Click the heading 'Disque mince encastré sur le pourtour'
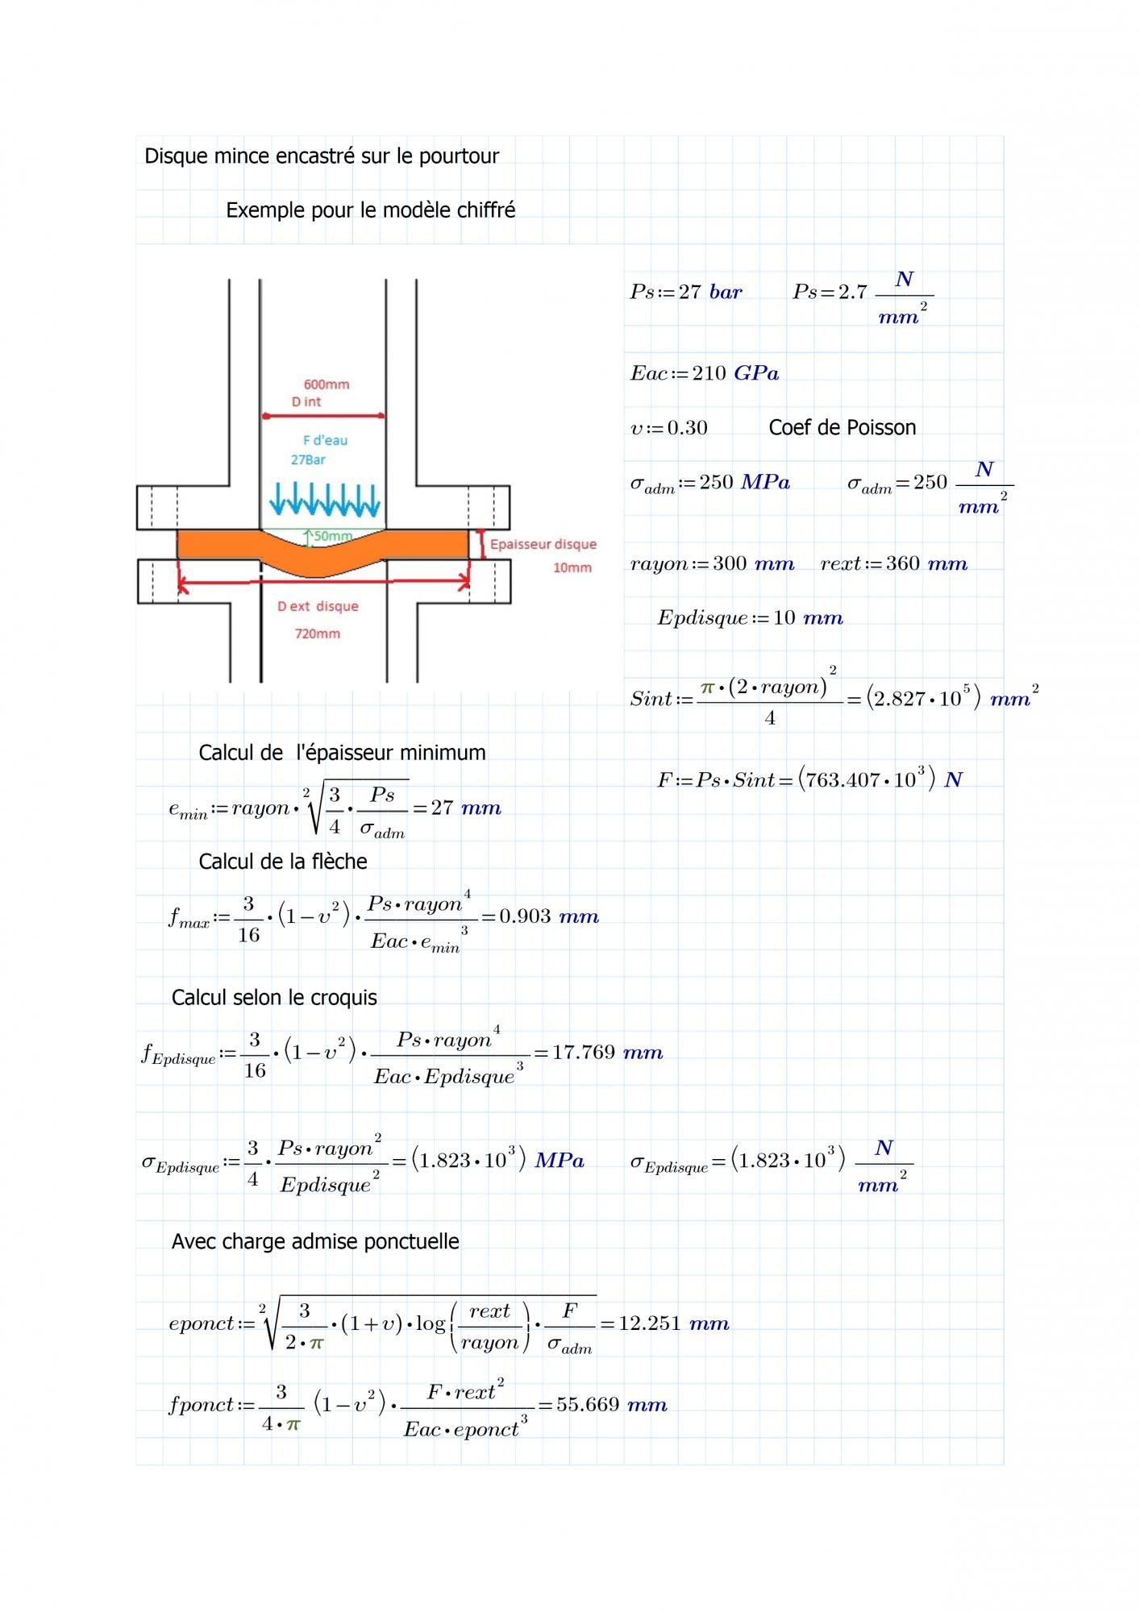coord(322,156)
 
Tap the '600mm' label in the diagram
coord(326,384)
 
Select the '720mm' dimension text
coord(317,634)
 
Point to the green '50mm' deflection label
coord(333,536)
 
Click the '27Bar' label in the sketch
coord(308,459)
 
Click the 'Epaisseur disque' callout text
coord(543,544)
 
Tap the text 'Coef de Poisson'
coord(842,427)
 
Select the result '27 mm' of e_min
coord(466,808)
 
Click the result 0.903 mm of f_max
coord(549,916)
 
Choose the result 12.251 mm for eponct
coord(673,1323)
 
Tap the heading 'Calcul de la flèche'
coord(283,862)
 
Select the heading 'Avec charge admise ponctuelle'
coord(315,1241)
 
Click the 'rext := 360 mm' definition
coord(893,563)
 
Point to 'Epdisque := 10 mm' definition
coord(750,618)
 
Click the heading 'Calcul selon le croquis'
coord(274,998)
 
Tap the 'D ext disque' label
coord(318,606)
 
